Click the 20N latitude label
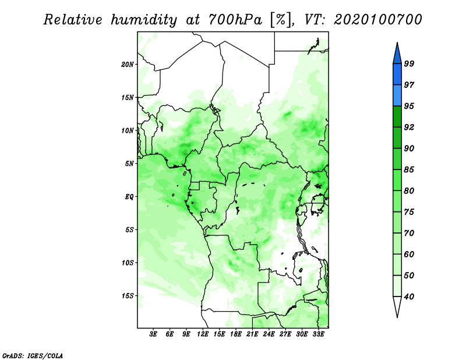pyautogui.click(x=128, y=64)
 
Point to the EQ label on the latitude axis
pyautogui.click(x=129, y=197)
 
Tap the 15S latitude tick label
pyautogui.click(x=128, y=296)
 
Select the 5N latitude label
pyautogui.click(x=129, y=164)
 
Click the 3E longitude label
pyautogui.click(x=153, y=334)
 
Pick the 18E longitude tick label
pyautogui.click(x=236, y=334)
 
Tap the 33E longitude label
pyautogui.click(x=318, y=334)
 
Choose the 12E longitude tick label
pyautogui.click(x=203, y=334)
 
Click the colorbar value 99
pyautogui.click(x=409, y=63)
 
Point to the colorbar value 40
pyautogui.click(x=409, y=297)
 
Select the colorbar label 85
pyautogui.click(x=409, y=170)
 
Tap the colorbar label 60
pyautogui.click(x=409, y=255)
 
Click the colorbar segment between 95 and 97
pyautogui.click(x=397, y=96)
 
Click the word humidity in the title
pyautogui.click(x=144, y=20)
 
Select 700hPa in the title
pyautogui.click(x=236, y=20)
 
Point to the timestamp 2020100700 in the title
pyautogui.click(x=378, y=20)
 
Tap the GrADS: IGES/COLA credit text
pyautogui.click(x=33, y=355)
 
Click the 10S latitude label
pyautogui.click(x=128, y=263)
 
